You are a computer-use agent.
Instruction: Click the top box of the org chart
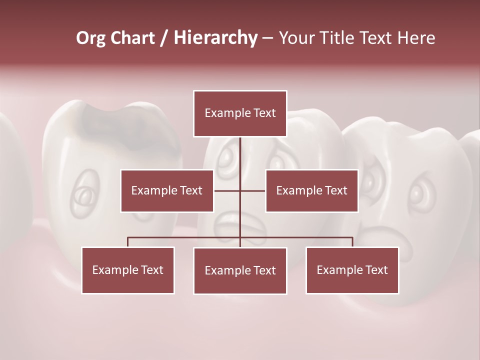pyautogui.click(x=240, y=113)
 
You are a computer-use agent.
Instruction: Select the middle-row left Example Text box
pyautogui.click(x=167, y=190)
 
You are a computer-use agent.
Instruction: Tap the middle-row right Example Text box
pyautogui.click(x=311, y=190)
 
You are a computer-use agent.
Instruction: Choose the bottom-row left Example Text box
pyautogui.click(x=128, y=270)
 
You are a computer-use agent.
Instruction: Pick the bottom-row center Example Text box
pyautogui.click(x=240, y=270)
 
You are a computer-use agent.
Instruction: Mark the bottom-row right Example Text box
pyautogui.click(x=352, y=270)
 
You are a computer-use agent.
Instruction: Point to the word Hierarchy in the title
pyautogui.click(x=215, y=38)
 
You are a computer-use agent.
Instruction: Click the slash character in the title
pyautogui.click(x=163, y=38)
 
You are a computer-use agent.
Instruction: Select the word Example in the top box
pyautogui.click(x=223, y=113)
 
